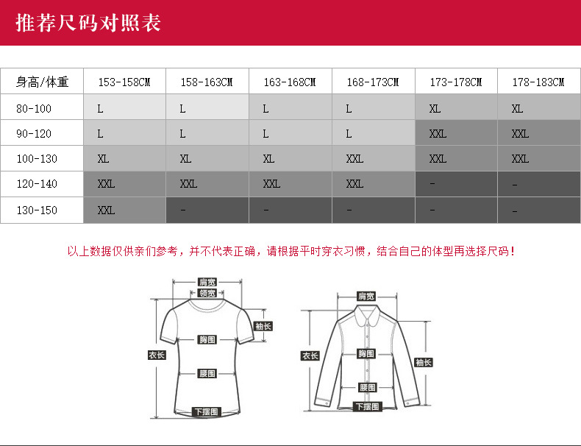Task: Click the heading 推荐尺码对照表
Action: [89, 23]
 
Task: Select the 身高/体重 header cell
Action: [43, 82]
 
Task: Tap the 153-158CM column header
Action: [124, 82]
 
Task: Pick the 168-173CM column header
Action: [373, 82]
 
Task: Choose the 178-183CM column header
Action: [538, 82]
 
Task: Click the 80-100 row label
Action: [34, 108]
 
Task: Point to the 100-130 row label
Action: [37, 158]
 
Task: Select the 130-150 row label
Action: [37, 210]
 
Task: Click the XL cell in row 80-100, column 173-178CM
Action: [456, 108]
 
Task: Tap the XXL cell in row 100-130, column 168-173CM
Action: [373, 158]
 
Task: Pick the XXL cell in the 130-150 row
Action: [124, 210]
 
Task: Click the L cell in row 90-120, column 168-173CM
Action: [373, 134]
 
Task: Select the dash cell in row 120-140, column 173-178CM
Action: [456, 184]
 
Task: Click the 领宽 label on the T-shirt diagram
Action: [207, 293]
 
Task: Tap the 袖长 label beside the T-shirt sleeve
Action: [263, 326]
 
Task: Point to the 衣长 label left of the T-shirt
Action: [157, 355]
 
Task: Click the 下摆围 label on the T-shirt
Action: [207, 411]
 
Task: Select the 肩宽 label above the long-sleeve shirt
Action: [366, 296]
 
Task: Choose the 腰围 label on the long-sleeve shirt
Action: [367, 387]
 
